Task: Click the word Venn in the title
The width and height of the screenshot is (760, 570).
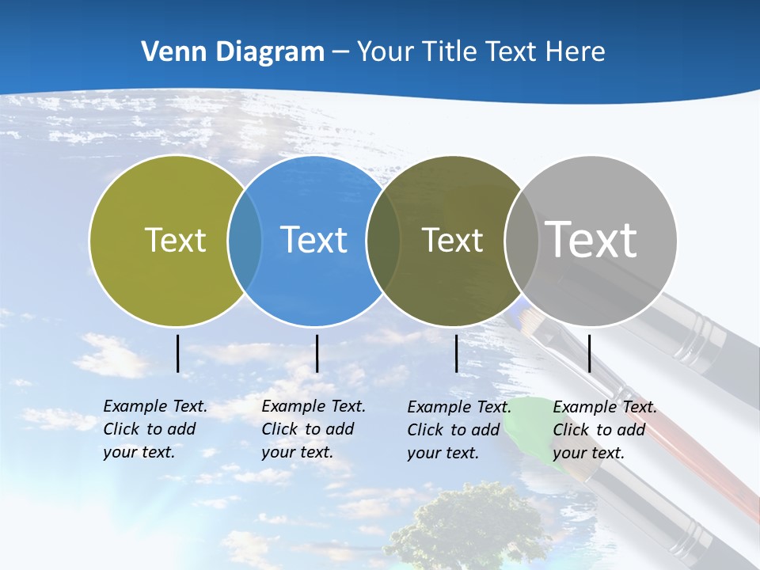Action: (x=168, y=52)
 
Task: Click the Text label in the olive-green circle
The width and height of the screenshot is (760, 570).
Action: (x=175, y=240)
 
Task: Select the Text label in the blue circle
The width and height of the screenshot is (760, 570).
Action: (x=313, y=240)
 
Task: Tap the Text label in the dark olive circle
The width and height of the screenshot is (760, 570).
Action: (x=452, y=240)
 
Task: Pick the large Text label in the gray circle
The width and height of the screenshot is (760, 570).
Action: (x=591, y=240)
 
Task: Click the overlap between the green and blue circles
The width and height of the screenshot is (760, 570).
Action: (x=245, y=241)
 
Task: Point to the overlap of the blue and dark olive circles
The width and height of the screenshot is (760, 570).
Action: (x=383, y=241)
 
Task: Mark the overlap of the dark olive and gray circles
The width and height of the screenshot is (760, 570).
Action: (x=522, y=241)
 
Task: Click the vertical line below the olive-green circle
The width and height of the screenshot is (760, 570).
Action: (x=178, y=353)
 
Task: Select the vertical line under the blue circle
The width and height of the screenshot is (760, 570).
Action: (x=317, y=353)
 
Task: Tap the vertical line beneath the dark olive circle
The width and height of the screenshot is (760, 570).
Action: (x=457, y=353)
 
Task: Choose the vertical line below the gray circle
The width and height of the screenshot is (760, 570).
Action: (x=590, y=353)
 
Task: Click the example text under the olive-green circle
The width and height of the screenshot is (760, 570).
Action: (x=154, y=429)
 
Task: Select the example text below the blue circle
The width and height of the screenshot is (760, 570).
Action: (x=313, y=429)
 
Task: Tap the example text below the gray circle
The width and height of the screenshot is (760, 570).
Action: (x=604, y=430)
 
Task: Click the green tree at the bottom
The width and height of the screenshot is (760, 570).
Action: (x=467, y=526)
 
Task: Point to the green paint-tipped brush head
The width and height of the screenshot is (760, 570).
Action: (x=532, y=431)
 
